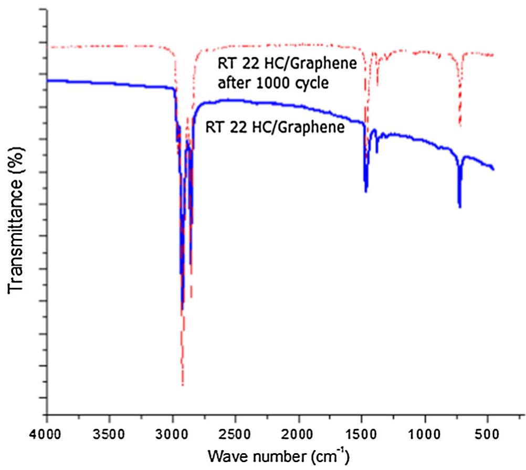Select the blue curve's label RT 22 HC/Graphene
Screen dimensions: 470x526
click(275, 127)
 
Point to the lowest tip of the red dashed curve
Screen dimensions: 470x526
click(182, 385)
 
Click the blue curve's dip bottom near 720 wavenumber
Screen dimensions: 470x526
click(460, 206)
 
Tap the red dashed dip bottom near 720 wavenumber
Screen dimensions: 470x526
click(460, 126)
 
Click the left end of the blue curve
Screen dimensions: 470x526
click(48, 80)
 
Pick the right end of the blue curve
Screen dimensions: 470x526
click(493, 169)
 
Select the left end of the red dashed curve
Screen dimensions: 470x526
click(48, 47)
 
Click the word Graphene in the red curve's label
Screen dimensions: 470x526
click(330, 65)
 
